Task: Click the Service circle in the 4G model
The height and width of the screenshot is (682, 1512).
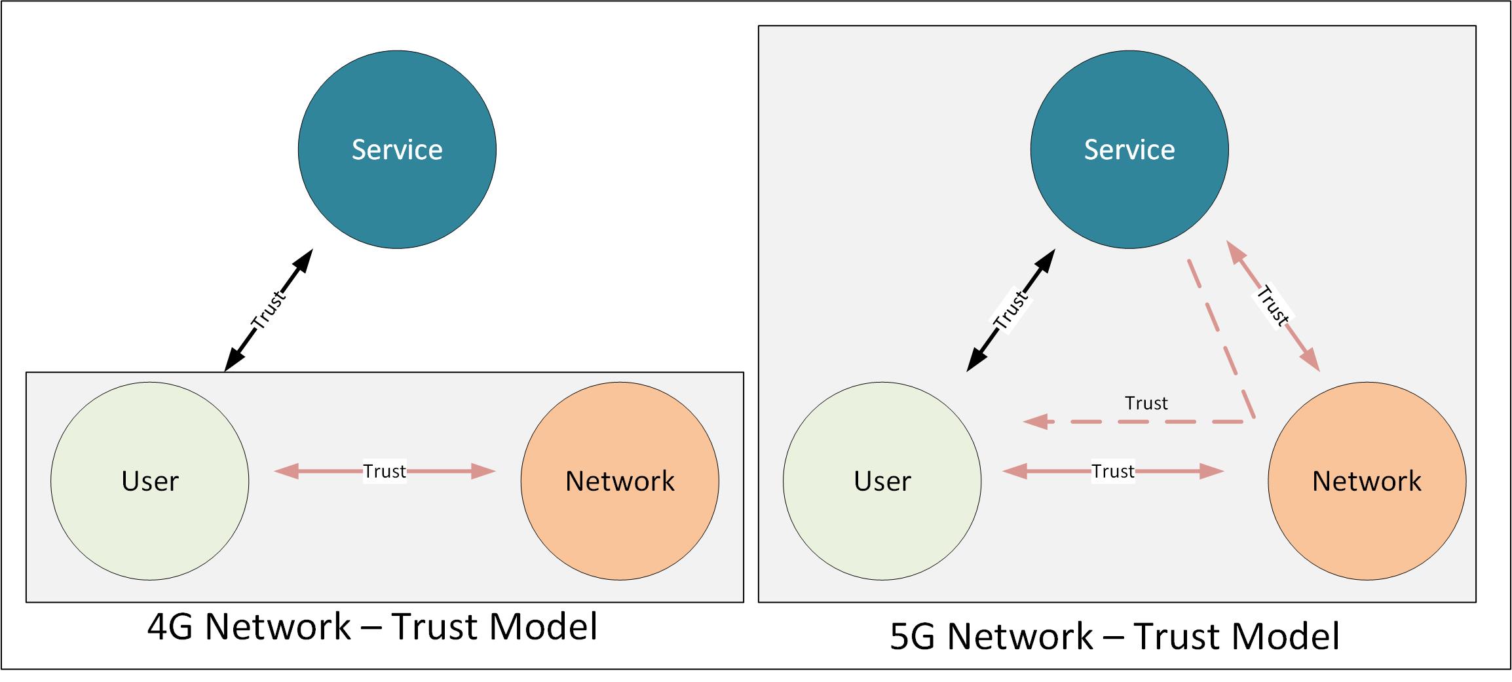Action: (x=397, y=150)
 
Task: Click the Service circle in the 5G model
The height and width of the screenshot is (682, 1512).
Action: (x=1129, y=150)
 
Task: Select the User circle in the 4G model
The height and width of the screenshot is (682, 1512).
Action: (x=150, y=482)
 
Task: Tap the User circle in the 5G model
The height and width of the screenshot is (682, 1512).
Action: (x=882, y=482)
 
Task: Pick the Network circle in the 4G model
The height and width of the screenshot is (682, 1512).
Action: (x=620, y=482)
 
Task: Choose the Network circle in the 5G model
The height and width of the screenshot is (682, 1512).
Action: (x=1367, y=482)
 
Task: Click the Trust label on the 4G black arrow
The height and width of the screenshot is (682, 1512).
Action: (x=269, y=309)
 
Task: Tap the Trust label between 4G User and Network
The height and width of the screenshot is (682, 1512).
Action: (x=385, y=471)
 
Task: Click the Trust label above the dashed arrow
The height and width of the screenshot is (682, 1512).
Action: (x=1146, y=403)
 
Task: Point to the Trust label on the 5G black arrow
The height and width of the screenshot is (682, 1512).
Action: (x=1011, y=310)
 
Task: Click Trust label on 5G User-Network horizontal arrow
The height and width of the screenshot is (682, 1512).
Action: (x=1112, y=471)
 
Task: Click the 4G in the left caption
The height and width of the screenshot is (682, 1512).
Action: (x=170, y=627)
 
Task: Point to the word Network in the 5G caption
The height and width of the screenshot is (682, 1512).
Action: (x=1020, y=636)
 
